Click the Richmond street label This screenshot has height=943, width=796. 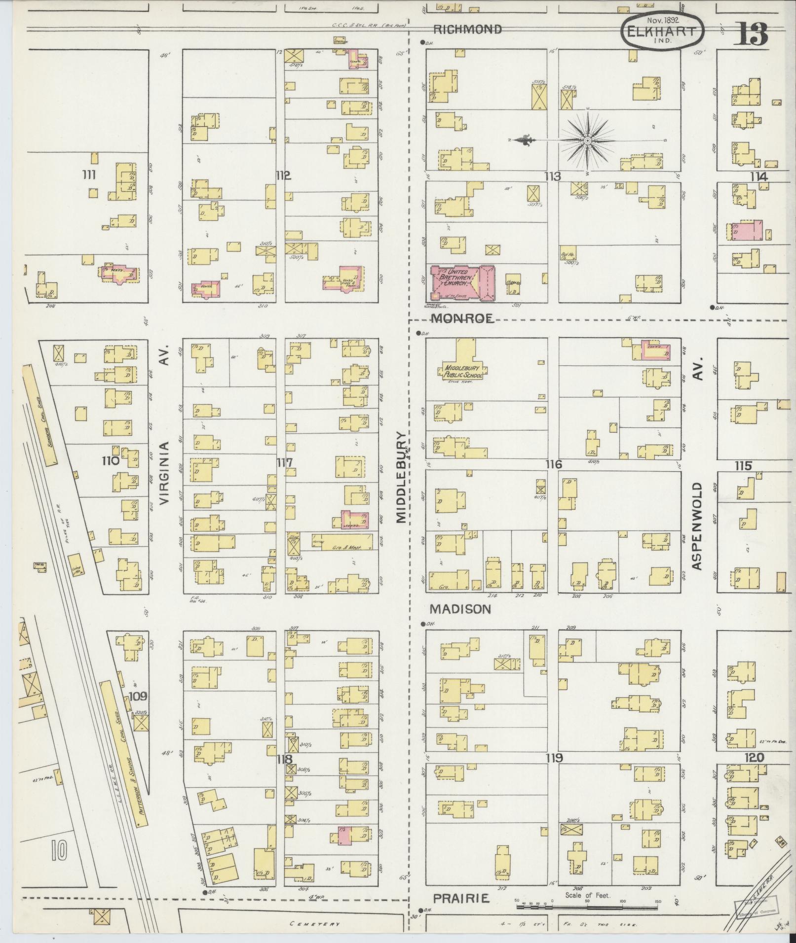pyautogui.click(x=466, y=30)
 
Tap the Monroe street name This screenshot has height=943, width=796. pyautogui.click(x=462, y=319)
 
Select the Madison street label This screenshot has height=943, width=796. pyautogui.click(x=460, y=609)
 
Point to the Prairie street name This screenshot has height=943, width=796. pyautogui.click(x=461, y=899)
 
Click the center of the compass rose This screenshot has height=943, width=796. pyautogui.click(x=587, y=141)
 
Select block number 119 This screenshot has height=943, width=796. pyautogui.click(x=554, y=758)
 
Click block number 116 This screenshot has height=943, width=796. pyautogui.click(x=553, y=464)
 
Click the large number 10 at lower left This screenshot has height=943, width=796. pyautogui.click(x=60, y=850)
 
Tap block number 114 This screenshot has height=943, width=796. pyautogui.click(x=758, y=176)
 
